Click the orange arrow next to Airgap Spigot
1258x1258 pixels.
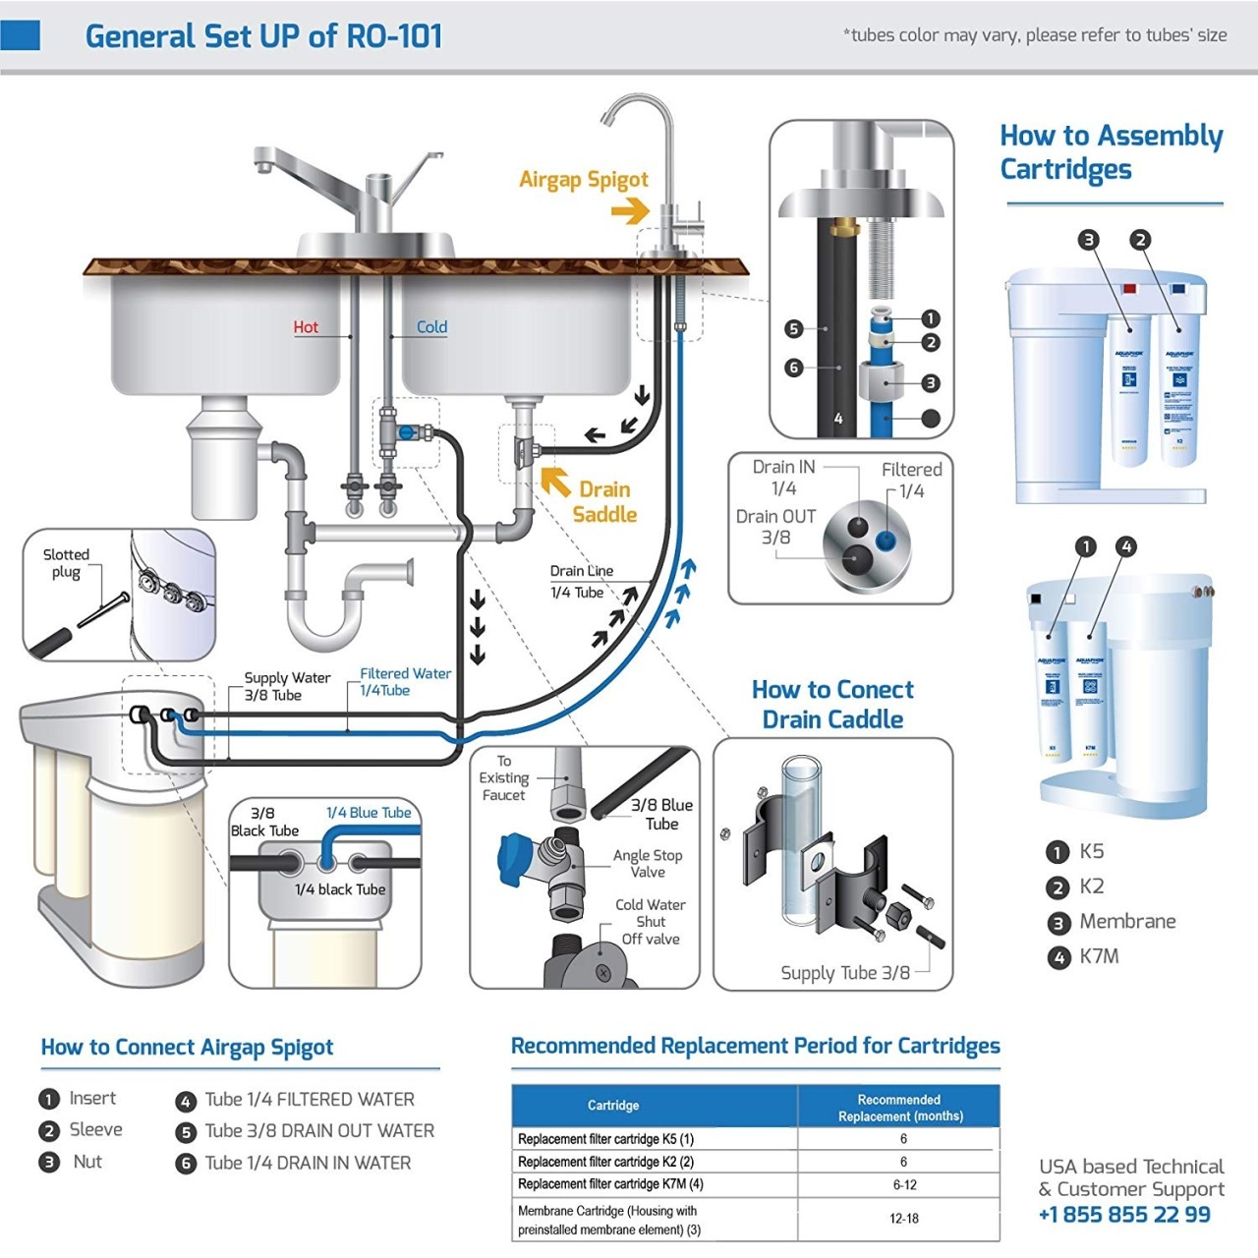(630, 210)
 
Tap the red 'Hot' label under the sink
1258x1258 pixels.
(306, 327)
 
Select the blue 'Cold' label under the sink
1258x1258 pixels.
(431, 327)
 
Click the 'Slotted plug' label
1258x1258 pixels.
(66, 563)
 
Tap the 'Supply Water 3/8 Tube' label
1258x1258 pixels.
(286, 686)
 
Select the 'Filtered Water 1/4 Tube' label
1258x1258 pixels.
(405, 682)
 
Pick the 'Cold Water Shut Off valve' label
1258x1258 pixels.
(651, 922)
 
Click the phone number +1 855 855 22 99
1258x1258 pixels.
(1124, 1215)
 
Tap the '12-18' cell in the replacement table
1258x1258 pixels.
(903, 1219)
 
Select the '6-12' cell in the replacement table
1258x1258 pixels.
(903, 1184)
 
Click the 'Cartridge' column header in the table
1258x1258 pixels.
(613, 1106)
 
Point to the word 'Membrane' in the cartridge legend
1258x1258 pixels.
(1127, 921)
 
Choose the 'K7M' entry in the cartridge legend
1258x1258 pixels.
(1099, 956)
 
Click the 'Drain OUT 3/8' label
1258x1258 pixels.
(775, 527)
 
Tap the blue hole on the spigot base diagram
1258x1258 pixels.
(886, 540)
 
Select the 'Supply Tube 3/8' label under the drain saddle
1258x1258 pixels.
(844, 973)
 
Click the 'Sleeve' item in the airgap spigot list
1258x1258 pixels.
(95, 1130)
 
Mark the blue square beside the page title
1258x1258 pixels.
(20, 35)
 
